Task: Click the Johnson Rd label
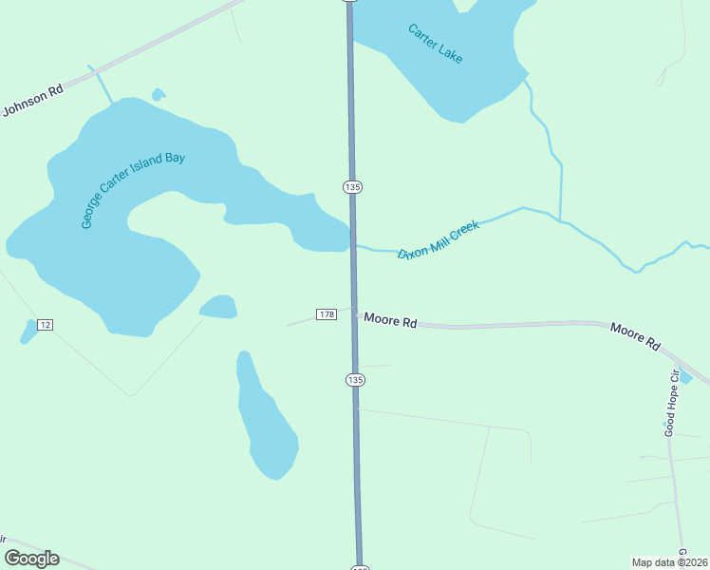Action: point(32,100)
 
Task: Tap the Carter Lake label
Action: point(436,44)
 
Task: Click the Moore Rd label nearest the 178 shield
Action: point(390,322)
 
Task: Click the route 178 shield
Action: point(327,314)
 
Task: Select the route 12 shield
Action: point(45,325)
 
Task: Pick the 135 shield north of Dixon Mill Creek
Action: point(352,187)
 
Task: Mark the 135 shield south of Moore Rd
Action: point(355,380)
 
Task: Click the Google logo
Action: point(31,559)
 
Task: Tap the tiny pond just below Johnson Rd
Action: point(158,95)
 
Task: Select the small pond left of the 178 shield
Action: point(218,307)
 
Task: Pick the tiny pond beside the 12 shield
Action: point(28,332)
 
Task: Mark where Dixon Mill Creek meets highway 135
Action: point(353,246)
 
